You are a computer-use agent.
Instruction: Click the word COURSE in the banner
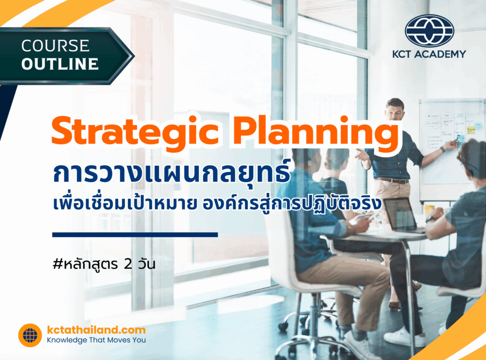click(x=55, y=46)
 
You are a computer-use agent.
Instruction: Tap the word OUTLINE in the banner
click(x=60, y=64)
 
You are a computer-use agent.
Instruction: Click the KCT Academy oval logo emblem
click(x=429, y=30)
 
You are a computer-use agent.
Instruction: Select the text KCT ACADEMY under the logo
click(x=429, y=54)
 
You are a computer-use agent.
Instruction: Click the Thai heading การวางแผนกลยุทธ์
click(x=171, y=174)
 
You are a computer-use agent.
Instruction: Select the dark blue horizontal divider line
click(x=135, y=234)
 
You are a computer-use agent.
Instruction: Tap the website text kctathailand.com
click(x=96, y=330)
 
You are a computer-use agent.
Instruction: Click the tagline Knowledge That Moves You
click(x=96, y=340)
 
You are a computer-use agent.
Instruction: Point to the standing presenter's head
click(x=394, y=109)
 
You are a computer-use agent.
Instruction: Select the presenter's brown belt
click(x=393, y=180)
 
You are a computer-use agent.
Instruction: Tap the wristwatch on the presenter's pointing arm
click(x=442, y=149)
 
